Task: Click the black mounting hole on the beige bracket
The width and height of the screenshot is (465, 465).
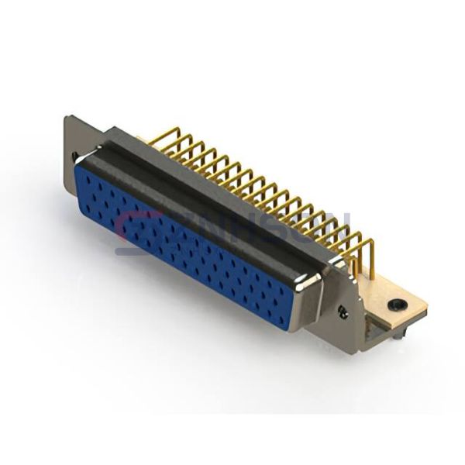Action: click(x=397, y=305)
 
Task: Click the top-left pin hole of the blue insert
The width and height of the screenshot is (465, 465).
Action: click(x=87, y=177)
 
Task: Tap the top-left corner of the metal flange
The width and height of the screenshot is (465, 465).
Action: click(x=67, y=117)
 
